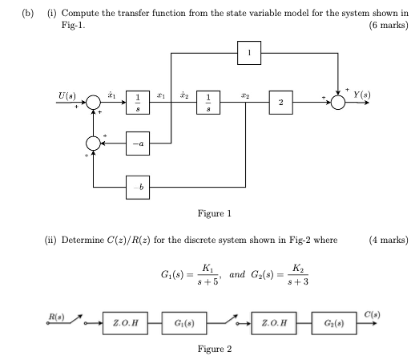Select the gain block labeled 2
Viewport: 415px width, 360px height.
280,103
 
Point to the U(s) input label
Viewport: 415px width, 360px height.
67,95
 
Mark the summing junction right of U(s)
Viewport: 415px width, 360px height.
95,103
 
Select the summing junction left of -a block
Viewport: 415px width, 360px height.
95,144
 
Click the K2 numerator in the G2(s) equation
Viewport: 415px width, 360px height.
298,268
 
